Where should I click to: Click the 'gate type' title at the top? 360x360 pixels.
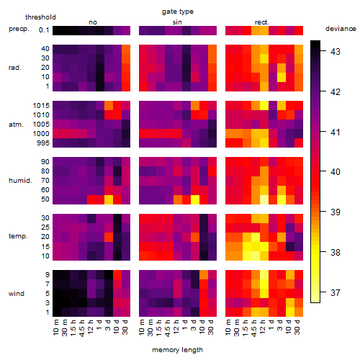point(178,12)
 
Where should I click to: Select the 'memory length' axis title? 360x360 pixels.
point(177,350)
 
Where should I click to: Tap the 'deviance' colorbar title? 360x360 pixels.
point(341,29)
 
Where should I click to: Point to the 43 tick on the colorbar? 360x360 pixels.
point(336,52)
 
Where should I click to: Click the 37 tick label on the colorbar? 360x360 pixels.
point(336,292)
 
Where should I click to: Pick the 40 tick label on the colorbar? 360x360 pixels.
point(336,172)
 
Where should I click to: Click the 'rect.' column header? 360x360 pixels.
point(262,22)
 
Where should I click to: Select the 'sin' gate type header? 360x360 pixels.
point(177,22)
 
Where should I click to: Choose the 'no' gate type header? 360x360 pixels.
point(93,22)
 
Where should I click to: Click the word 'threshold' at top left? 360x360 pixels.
point(40,17)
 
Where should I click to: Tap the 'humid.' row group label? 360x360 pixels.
point(20,181)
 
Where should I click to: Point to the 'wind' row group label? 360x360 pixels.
point(17,294)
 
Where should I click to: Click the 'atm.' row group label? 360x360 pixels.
point(16,125)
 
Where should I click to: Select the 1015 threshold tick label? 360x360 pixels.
point(41,106)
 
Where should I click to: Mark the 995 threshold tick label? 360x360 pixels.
point(43,143)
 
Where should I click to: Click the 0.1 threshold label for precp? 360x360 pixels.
point(44,30)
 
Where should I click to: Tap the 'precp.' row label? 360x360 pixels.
point(19,29)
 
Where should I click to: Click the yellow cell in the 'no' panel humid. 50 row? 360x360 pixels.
point(109,199)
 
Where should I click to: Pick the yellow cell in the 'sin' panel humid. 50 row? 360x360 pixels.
point(195,199)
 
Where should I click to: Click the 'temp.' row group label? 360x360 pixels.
point(18,236)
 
